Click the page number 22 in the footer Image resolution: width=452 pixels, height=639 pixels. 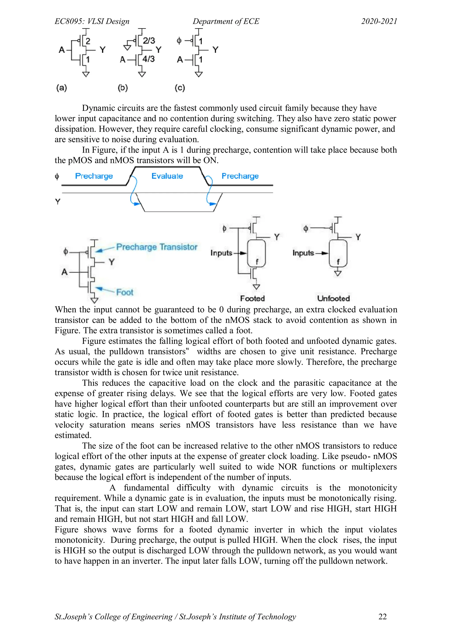(382, 616)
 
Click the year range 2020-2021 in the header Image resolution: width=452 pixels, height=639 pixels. (379, 21)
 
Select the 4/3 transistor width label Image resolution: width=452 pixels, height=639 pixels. (148, 59)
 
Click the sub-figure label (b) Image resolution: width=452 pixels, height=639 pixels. (123, 88)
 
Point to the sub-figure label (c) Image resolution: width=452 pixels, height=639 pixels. (180, 88)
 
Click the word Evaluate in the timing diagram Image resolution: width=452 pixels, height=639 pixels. (167, 176)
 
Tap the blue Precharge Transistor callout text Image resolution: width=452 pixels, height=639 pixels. (157, 247)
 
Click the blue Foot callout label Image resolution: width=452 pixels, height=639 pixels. (125, 292)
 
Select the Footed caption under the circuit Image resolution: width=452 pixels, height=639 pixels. (252, 298)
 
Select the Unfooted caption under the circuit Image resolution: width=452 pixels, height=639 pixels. (333, 298)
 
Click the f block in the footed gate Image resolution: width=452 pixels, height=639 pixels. (256, 254)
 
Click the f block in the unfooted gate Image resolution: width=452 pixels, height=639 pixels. (338, 254)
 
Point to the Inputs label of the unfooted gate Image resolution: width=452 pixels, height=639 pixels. (303, 253)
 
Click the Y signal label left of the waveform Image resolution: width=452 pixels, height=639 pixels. (58, 201)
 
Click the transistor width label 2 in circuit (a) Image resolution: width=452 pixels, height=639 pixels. (88, 41)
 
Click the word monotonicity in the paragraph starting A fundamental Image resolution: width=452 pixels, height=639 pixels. (372, 488)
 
